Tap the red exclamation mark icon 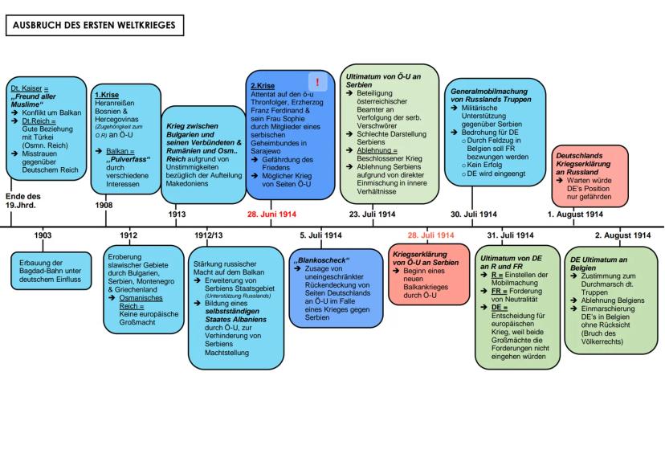click(320, 82)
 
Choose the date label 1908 click(104, 205)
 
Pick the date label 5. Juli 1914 click(320, 235)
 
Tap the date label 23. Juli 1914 click(372, 215)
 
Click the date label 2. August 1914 click(622, 235)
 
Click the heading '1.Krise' click(106, 94)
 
